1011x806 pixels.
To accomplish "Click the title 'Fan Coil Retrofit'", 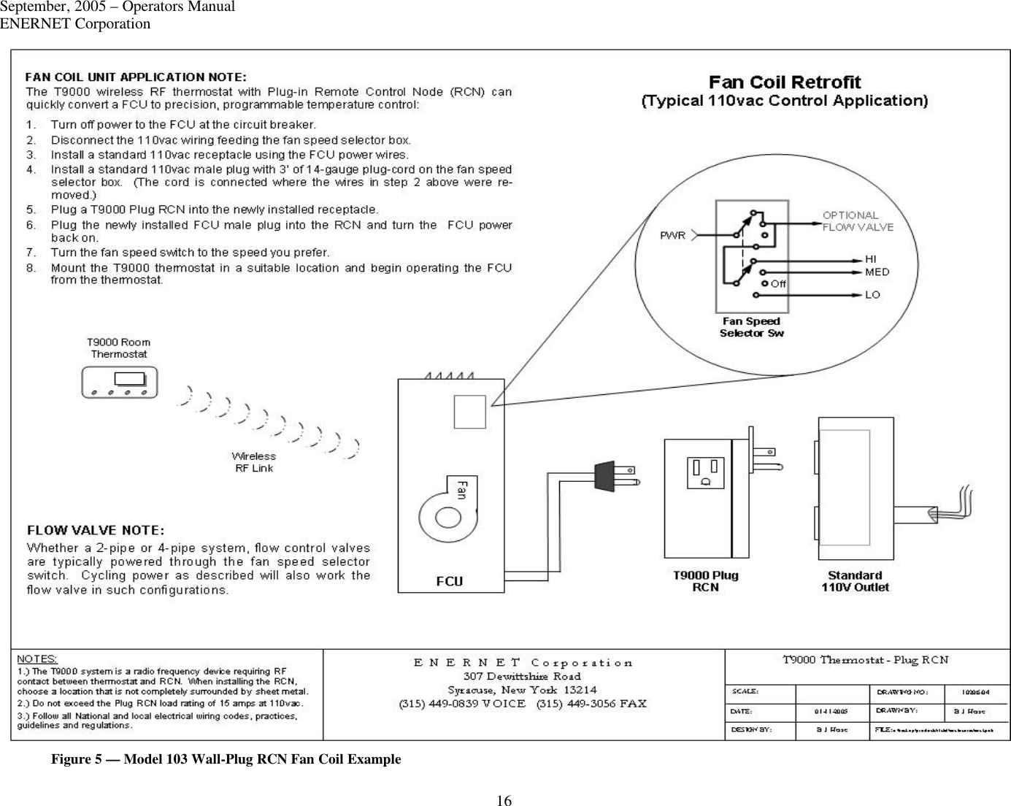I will coord(785,82).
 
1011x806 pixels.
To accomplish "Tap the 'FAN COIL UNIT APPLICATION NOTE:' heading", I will coord(136,77).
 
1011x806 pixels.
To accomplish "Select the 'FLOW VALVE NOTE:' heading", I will coord(96,529).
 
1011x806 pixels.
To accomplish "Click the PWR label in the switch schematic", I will coord(672,235).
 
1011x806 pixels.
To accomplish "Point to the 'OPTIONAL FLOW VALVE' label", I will coord(858,220).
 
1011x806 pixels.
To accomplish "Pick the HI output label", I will coord(871,259).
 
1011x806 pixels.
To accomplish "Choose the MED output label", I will coord(877,272).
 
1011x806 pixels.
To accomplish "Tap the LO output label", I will coord(872,295).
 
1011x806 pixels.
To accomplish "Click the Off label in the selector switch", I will coord(778,283).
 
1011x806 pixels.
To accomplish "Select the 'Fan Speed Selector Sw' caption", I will coord(751,327).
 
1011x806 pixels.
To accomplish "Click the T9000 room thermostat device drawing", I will coord(120,383).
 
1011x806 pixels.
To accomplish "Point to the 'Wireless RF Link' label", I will coord(254,462).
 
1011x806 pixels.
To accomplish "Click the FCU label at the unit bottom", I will coord(450,581).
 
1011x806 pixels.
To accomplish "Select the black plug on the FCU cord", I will coord(606,475).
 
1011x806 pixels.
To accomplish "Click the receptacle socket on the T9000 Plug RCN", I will coord(705,472).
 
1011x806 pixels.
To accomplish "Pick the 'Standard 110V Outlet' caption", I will coord(855,581).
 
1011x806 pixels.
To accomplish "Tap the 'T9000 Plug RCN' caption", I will coord(705,581).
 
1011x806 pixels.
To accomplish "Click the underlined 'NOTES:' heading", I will coord(37,659).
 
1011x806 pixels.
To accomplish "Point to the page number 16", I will coord(504,800).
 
